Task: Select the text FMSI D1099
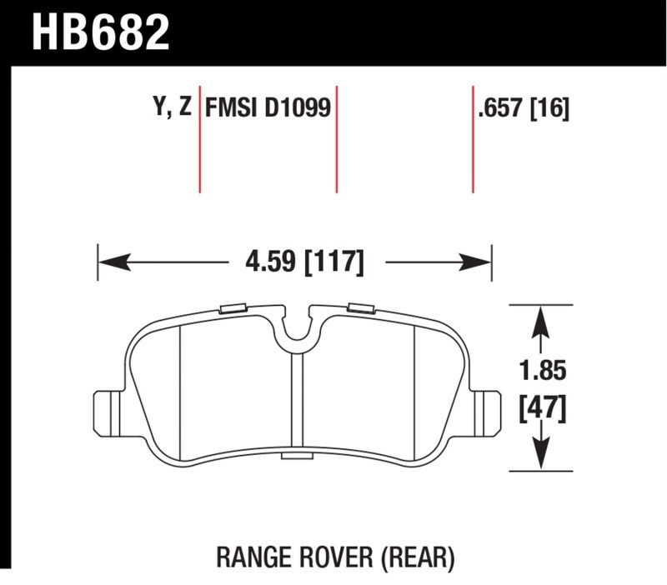pos(268,107)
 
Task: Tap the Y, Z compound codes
pos(173,107)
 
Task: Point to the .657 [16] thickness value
pos(524,108)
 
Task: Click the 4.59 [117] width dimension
pos(304,262)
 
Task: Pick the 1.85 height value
pos(543,370)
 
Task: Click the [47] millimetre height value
pos(543,409)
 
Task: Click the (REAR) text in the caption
pos(418,557)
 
